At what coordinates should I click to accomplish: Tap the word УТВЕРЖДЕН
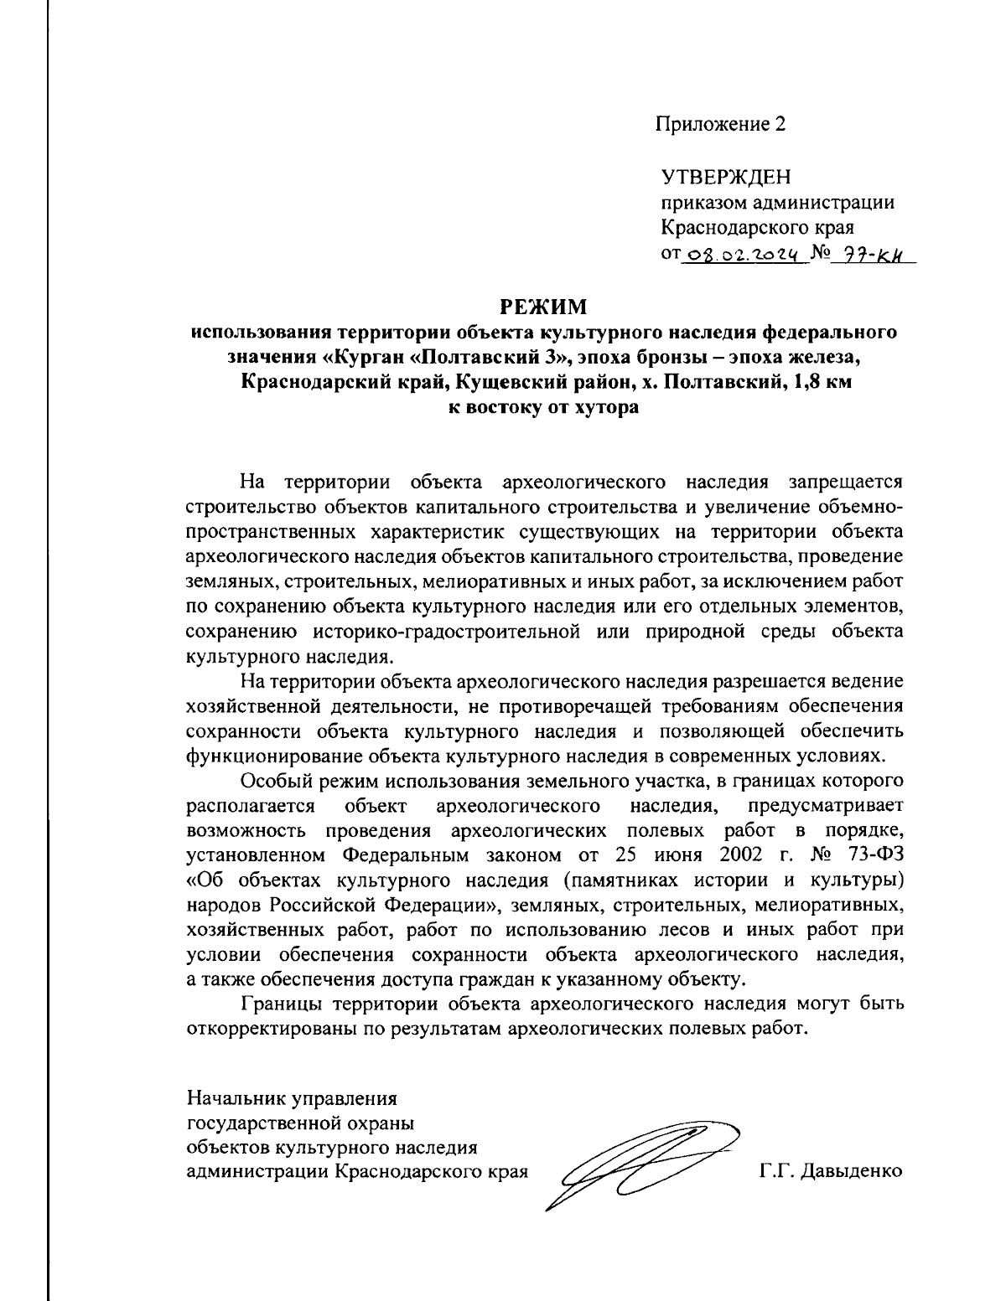pyautogui.click(x=726, y=178)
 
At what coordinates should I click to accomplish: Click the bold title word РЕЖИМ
pyautogui.click(x=544, y=307)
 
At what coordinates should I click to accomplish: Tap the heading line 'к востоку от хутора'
pyautogui.click(x=544, y=408)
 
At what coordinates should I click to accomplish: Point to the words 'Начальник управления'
pyautogui.click(x=292, y=1097)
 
